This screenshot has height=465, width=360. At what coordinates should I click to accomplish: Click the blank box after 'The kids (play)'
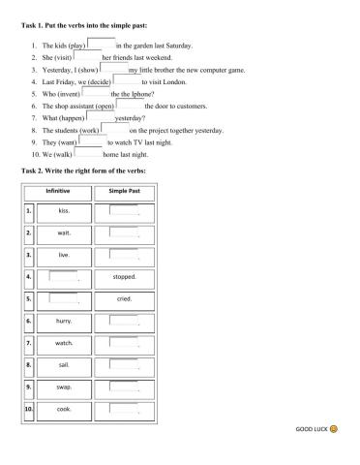(101, 44)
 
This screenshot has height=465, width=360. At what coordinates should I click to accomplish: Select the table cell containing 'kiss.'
(64, 210)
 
